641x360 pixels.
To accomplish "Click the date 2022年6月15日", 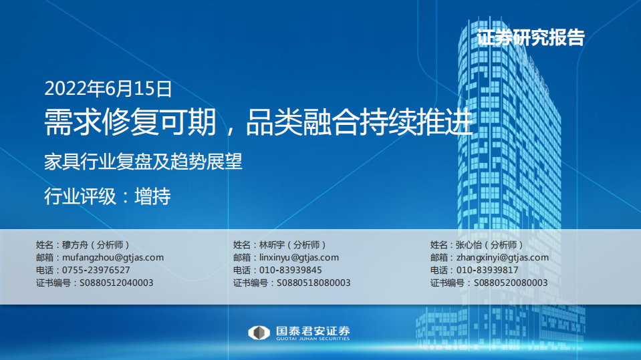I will pos(108,87).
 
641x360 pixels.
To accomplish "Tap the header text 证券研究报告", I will pos(530,37).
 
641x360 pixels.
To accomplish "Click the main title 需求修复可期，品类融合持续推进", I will pos(259,123).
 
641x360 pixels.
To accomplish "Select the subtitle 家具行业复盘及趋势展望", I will pos(142,162).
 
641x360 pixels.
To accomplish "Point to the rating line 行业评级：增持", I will pos(107,196).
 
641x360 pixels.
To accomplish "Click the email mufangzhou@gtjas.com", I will pos(112,257).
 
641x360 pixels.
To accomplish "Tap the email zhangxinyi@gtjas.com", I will pos(502,257).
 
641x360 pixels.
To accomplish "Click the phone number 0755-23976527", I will pos(96,270).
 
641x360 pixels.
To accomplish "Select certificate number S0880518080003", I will pos(313,283).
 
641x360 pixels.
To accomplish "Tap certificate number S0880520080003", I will pos(511,283).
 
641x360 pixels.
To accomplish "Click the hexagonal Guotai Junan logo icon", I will pos(259,333).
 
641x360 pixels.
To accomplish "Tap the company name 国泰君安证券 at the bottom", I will pos(312,330).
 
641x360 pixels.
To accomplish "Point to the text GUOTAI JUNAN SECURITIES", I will pos(312,339).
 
